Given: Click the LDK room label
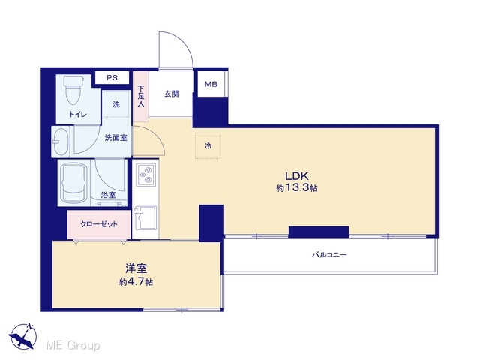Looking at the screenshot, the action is pyautogui.click(x=297, y=176).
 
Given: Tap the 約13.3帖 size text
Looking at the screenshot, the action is pyautogui.click(x=297, y=188).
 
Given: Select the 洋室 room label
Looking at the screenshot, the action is pyautogui.click(x=136, y=268).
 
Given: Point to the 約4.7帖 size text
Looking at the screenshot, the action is pyautogui.click(x=136, y=282).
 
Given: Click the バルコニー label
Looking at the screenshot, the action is pyautogui.click(x=329, y=254).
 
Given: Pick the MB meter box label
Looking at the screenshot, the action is pyautogui.click(x=211, y=84).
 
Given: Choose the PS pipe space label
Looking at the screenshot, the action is pyautogui.click(x=112, y=78).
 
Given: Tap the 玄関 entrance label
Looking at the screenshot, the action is pyautogui.click(x=171, y=94).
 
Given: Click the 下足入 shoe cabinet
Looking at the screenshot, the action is pyautogui.click(x=140, y=97).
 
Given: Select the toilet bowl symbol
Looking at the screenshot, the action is pyautogui.click(x=73, y=89).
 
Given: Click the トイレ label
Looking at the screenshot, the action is pyautogui.click(x=78, y=115).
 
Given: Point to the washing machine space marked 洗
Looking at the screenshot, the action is pyautogui.click(x=116, y=104).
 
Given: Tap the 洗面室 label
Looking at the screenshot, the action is pyautogui.click(x=116, y=138).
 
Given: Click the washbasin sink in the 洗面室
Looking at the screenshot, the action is pyautogui.click(x=61, y=142).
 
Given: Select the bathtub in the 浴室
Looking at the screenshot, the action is pyautogui.click(x=73, y=182).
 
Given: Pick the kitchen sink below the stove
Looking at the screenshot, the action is pyautogui.click(x=145, y=218).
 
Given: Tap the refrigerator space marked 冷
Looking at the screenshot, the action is pyautogui.click(x=208, y=145).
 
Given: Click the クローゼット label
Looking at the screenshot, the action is pyautogui.click(x=99, y=224).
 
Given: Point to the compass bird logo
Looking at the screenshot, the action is pyautogui.click(x=23, y=336).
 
